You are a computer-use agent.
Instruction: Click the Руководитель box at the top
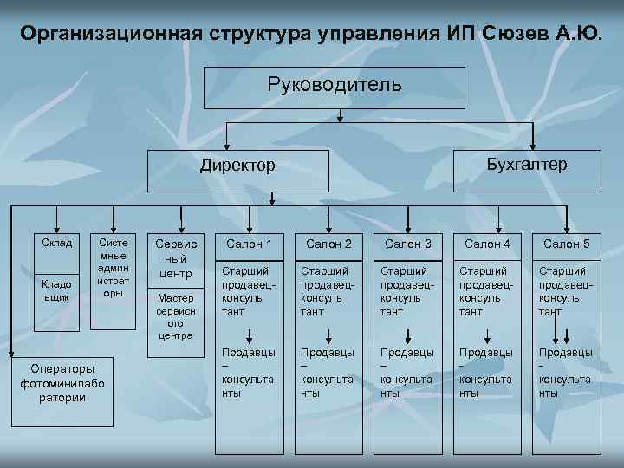click(334, 87)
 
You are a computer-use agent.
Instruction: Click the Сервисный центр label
click(176, 259)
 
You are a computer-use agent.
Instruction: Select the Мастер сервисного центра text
click(176, 316)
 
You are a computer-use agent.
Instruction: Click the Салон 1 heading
click(249, 244)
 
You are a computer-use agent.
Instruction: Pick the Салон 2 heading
click(328, 244)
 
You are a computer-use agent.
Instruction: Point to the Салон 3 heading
click(407, 244)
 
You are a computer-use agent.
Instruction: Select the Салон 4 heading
click(487, 244)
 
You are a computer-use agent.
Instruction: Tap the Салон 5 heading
click(566, 244)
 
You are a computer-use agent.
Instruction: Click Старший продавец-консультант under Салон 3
click(407, 291)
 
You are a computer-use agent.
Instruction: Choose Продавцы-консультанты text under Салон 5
click(566, 373)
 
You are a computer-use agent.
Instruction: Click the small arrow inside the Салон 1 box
click(250, 336)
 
